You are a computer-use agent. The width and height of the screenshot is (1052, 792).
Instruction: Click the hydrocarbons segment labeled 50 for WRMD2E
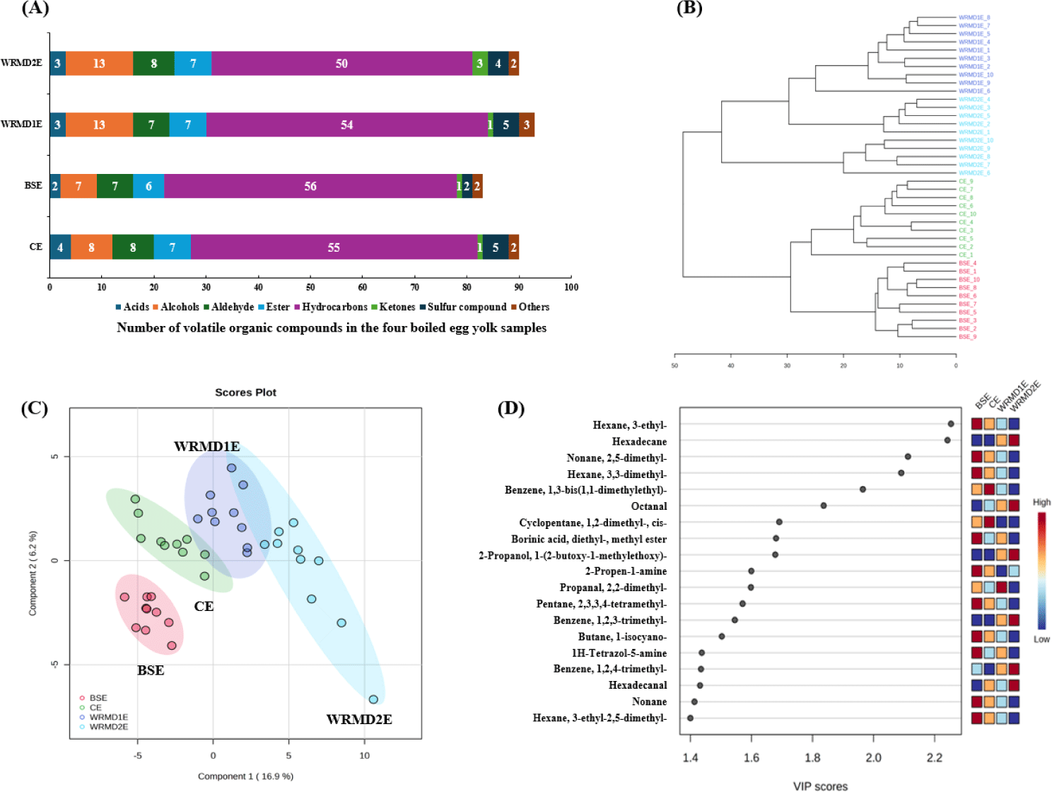tap(341, 64)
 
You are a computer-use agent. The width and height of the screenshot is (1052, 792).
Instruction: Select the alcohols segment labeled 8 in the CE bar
tap(91, 248)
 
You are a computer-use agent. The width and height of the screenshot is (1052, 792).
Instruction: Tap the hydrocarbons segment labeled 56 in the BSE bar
tap(310, 186)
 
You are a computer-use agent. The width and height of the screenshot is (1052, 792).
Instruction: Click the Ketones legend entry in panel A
tap(397, 307)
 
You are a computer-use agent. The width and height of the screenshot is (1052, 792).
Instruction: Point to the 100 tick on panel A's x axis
tap(571, 287)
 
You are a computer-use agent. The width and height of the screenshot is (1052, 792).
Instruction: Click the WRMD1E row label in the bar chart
tap(22, 124)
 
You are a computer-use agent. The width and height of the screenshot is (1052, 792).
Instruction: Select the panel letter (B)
tap(689, 8)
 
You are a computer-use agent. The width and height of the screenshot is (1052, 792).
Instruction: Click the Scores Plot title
tap(245, 392)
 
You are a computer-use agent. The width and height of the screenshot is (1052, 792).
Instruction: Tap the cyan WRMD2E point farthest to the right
tap(373, 699)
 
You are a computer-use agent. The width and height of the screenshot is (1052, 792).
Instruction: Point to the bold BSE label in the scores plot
tap(151, 670)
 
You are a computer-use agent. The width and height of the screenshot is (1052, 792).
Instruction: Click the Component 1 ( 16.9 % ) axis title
tap(245, 776)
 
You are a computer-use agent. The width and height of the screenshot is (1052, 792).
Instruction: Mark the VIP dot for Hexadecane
tap(947, 441)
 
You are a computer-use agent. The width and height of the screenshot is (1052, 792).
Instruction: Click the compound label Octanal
tap(648, 506)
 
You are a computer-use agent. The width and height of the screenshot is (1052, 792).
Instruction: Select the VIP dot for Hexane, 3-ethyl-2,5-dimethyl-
tap(690, 718)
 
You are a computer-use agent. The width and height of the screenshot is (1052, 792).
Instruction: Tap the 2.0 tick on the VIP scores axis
tap(873, 758)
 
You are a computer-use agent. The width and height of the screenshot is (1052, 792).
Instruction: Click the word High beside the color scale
tap(1041, 503)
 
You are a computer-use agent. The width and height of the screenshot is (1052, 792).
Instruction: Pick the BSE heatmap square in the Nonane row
tap(976, 702)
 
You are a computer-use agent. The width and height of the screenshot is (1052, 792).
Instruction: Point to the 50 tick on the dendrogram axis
tap(674, 366)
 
